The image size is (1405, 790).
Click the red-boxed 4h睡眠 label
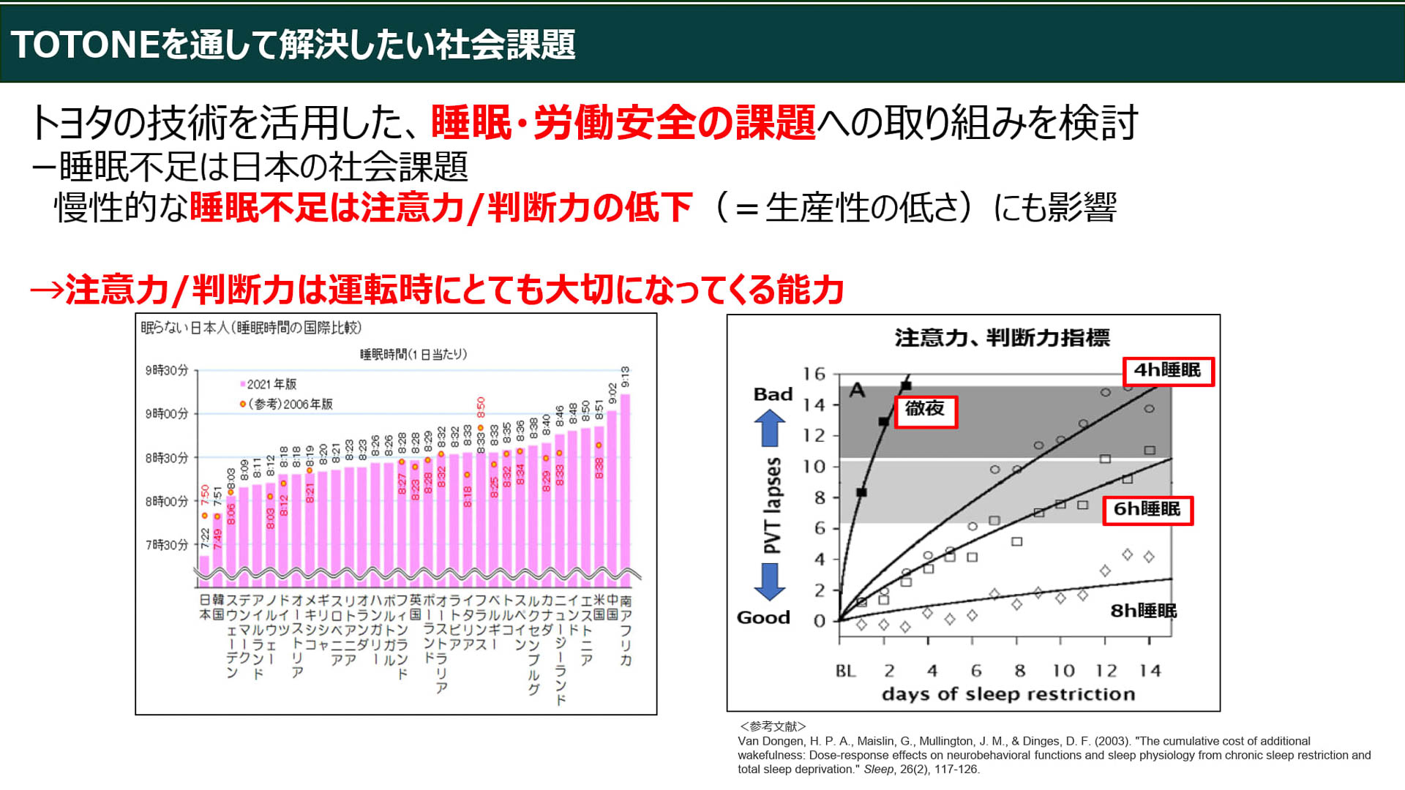coord(1168,371)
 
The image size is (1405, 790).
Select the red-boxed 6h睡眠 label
coord(1147,510)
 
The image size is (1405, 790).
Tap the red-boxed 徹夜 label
coord(925,409)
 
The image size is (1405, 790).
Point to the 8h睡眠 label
coord(1143,611)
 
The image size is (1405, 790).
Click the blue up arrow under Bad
coord(769,428)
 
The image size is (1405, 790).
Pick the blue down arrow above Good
coord(769,582)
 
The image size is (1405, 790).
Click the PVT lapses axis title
coord(772,505)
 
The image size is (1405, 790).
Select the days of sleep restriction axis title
coord(1008,694)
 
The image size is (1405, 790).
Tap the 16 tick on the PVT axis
coord(814,375)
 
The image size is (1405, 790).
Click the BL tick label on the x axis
coord(845,671)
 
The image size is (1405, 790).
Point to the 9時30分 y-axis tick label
coord(167,371)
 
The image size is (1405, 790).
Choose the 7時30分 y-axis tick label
coord(167,545)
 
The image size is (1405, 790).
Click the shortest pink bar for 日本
coord(204,571)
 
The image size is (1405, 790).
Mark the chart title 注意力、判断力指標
coord(1002,338)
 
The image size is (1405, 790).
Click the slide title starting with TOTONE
coord(293,45)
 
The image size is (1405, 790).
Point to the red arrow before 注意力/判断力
coord(47,290)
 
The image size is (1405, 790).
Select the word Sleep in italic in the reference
coord(878,770)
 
